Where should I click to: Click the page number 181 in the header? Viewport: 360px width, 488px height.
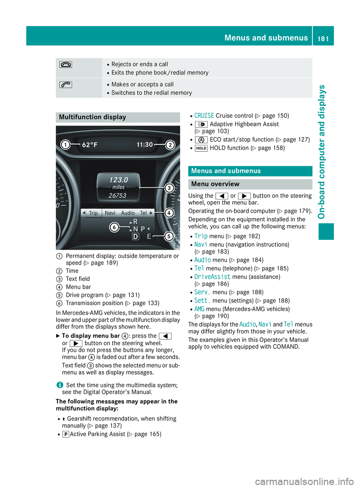coord(323,38)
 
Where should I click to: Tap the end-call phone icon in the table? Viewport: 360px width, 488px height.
coord(66,64)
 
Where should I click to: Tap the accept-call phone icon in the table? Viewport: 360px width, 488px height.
coord(66,85)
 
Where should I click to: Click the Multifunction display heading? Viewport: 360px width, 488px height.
coord(93,117)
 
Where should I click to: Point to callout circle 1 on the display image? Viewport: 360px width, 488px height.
coord(66,145)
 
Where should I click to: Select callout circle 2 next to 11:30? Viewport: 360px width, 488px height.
coord(170,145)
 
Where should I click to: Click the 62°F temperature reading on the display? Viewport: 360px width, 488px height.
coord(90,145)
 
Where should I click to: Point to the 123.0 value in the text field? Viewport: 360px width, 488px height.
coord(118,180)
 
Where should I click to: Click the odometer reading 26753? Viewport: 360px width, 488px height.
coord(117,196)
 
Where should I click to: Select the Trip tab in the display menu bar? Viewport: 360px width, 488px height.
coord(93,213)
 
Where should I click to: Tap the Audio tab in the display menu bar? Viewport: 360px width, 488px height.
coord(128,213)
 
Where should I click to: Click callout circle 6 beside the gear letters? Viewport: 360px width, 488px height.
coord(114,227)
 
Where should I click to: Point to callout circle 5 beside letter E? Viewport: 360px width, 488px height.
coord(169,236)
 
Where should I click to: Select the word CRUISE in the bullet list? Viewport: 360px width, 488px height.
coord(204,116)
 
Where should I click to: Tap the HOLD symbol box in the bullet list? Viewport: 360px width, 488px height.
coord(201,148)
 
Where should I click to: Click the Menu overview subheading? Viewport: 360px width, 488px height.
coord(215,184)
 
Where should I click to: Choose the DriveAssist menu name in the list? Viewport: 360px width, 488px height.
coord(212,277)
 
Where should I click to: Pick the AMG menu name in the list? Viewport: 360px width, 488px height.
coord(199,309)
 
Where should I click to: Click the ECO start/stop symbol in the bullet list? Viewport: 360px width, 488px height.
coord(201,140)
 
